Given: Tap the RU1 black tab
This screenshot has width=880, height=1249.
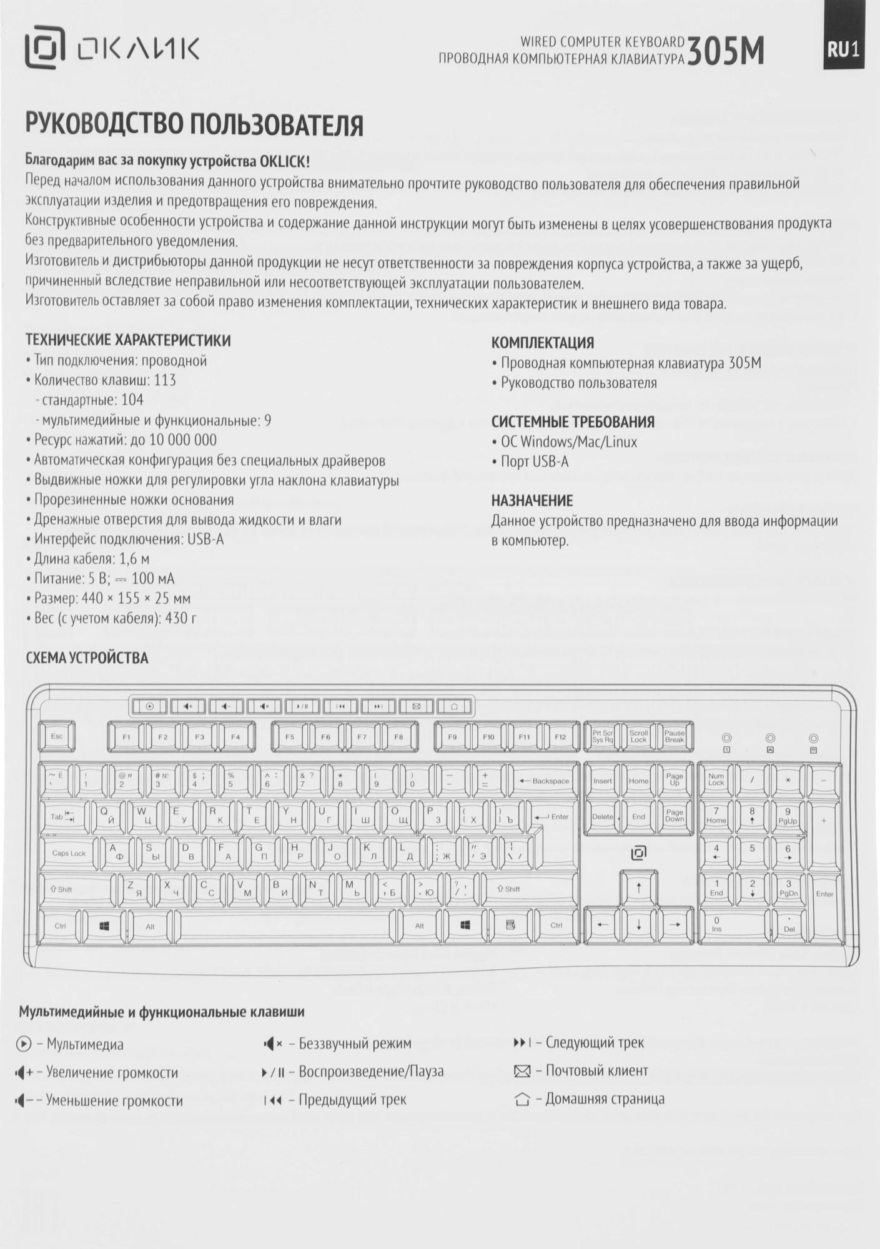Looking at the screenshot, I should click(843, 50).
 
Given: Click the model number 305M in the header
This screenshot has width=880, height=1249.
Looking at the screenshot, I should click(725, 52).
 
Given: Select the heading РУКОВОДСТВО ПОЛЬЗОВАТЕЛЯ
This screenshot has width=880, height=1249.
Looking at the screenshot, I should click(194, 125).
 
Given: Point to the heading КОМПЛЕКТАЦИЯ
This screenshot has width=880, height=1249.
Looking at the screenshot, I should click(542, 343).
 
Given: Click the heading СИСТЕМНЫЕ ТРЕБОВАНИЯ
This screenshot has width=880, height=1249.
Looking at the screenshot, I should click(573, 422).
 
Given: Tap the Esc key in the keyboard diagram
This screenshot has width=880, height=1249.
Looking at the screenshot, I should click(57, 737).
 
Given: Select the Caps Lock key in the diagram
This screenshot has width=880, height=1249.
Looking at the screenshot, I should click(69, 854).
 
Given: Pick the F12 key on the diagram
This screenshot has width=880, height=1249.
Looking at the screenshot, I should click(560, 738).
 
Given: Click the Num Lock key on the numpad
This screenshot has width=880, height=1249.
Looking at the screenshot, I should click(716, 780).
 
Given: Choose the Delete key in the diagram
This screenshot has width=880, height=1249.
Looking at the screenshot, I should click(603, 817).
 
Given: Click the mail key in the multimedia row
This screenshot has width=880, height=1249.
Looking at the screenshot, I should click(417, 707).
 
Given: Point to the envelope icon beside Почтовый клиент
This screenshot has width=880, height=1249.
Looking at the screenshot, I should click(522, 1072).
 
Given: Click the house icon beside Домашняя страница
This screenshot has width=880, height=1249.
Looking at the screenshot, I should click(522, 1100).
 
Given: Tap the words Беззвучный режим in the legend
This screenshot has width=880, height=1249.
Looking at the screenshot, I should click(355, 1044).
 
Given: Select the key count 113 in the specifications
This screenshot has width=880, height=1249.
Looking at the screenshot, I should click(165, 380).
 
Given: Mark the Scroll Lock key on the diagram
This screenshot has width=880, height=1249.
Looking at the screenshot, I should click(638, 737).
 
